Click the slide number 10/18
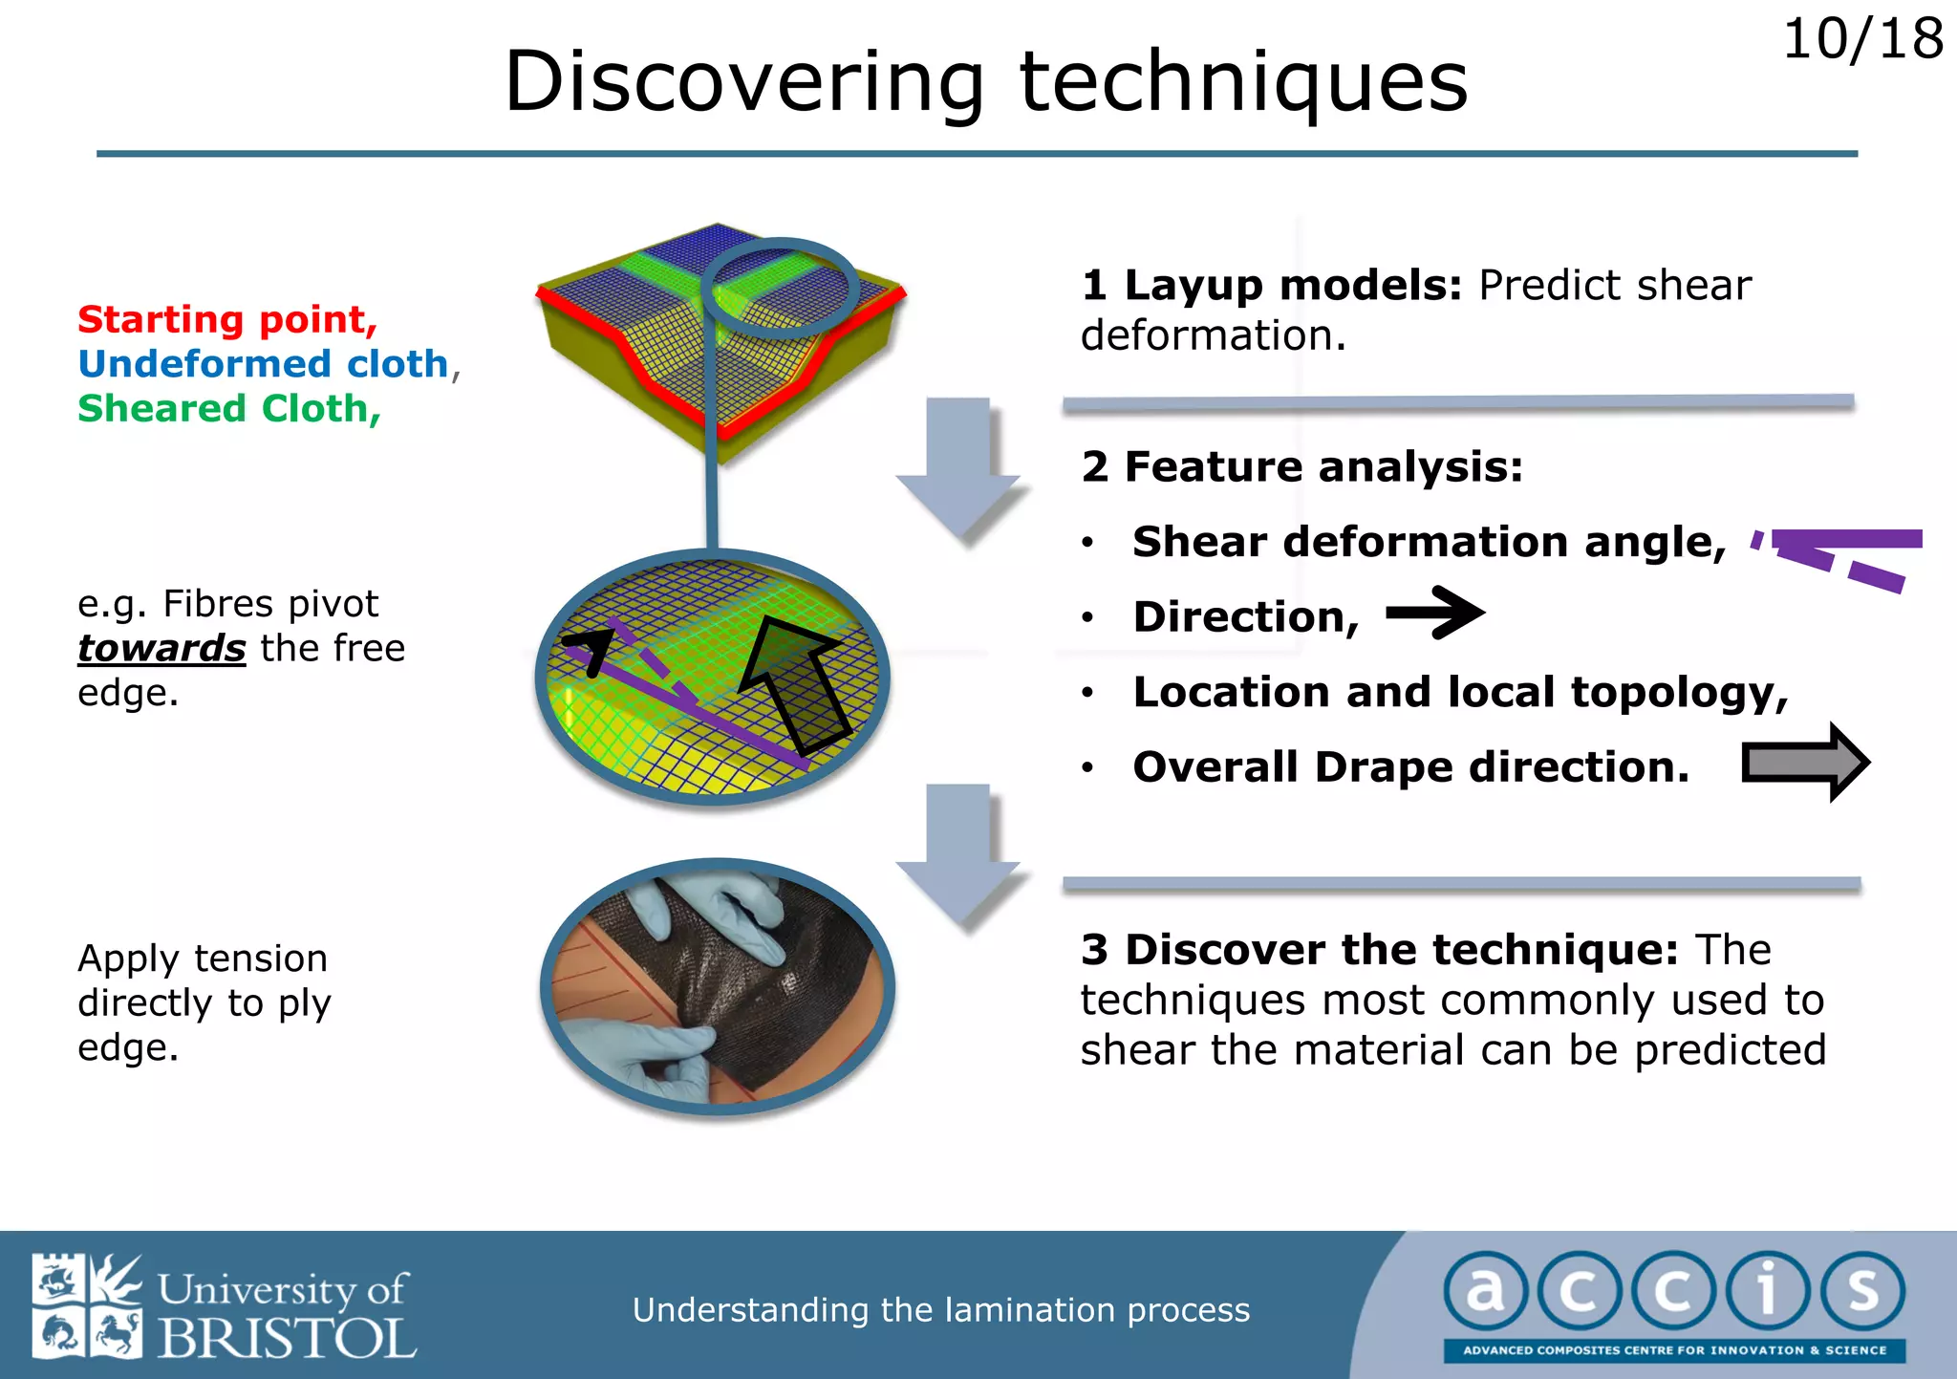click(x=1861, y=40)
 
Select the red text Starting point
click(x=227, y=319)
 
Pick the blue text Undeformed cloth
click(x=263, y=364)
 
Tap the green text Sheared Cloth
click(x=228, y=409)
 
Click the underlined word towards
click(x=161, y=649)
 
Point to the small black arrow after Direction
click(x=1434, y=614)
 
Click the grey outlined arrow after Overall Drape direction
click(x=1804, y=763)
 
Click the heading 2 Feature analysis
click(x=1301, y=467)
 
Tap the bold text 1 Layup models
click(x=1271, y=286)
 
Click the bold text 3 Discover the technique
click(x=1379, y=950)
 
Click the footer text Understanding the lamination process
click(x=940, y=1309)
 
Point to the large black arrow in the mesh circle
click(x=795, y=684)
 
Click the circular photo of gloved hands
click(x=717, y=986)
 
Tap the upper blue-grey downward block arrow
click(x=958, y=467)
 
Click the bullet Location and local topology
click(x=1459, y=692)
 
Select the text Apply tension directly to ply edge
click(x=204, y=1002)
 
